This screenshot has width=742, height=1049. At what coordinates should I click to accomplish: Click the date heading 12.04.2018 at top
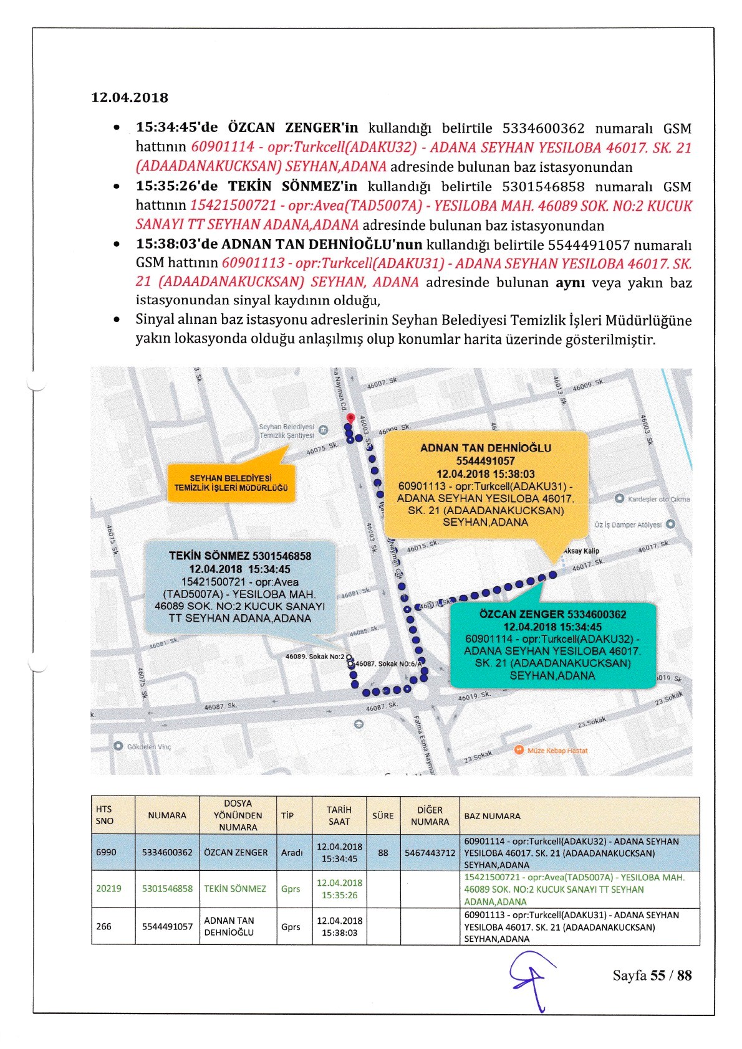click(x=130, y=98)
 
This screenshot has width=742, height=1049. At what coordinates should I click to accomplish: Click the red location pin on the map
click(x=350, y=417)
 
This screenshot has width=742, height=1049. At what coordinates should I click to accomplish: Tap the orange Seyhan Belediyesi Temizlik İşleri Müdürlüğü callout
click(x=231, y=483)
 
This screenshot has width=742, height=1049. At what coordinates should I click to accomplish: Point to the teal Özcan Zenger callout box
click(x=552, y=645)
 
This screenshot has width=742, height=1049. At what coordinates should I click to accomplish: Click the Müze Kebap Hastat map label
click(x=557, y=751)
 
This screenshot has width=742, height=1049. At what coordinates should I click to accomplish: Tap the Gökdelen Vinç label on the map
click(x=148, y=746)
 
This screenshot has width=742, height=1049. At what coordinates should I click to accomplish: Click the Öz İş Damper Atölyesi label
click(x=628, y=524)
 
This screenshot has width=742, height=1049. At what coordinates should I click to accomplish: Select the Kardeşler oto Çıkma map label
click(x=658, y=499)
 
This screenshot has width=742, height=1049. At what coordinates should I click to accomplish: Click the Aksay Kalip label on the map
click(x=581, y=551)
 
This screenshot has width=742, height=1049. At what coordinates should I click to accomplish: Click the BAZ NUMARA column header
click(x=492, y=816)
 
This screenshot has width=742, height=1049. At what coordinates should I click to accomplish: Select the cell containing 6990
click(x=106, y=852)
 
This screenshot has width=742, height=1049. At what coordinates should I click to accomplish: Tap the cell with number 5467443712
click(x=430, y=852)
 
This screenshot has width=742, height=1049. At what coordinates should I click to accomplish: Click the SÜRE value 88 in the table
click(x=383, y=852)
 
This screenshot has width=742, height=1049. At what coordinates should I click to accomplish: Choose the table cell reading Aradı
click(x=292, y=852)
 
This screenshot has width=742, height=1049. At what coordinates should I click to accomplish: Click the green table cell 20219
click(x=108, y=889)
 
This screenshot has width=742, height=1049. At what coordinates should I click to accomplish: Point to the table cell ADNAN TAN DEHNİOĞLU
click(x=229, y=926)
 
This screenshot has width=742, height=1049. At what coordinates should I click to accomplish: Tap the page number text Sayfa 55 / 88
click(x=652, y=975)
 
